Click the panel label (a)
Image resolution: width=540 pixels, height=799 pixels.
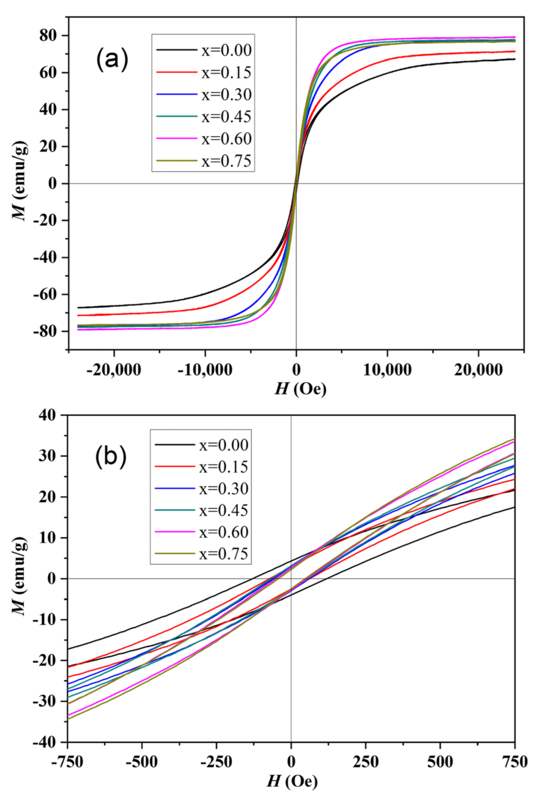(111, 59)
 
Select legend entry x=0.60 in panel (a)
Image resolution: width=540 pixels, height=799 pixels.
(226, 139)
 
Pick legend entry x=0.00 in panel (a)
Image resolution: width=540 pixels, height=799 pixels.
(226, 50)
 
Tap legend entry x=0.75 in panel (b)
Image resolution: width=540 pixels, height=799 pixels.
(224, 554)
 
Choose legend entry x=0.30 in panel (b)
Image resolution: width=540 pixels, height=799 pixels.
(224, 489)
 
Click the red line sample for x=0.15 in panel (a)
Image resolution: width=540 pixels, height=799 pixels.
(176, 73)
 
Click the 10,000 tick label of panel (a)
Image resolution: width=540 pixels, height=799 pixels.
(387, 370)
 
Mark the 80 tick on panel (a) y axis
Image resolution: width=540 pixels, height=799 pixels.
(48, 36)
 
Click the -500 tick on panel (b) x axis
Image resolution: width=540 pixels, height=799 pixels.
(142, 762)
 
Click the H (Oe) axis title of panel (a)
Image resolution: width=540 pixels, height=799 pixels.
(300, 389)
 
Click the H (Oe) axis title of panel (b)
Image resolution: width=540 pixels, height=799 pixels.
(292, 781)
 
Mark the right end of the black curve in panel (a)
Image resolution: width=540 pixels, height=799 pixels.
(514, 59)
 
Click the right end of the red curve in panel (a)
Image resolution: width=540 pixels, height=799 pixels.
(514, 51)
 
